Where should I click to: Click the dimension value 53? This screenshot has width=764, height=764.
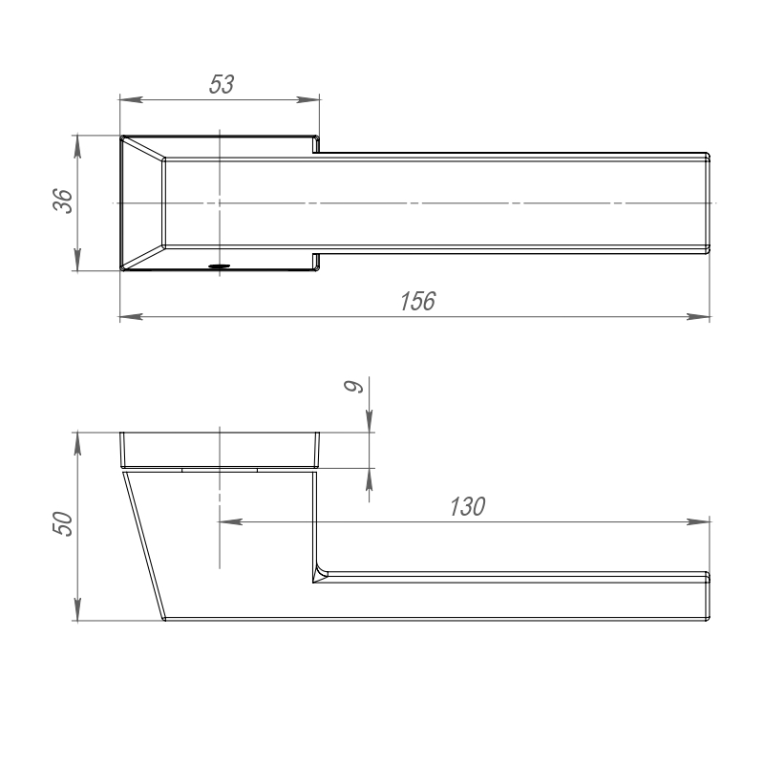coord(222,84)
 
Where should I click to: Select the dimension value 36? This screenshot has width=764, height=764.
coord(62,201)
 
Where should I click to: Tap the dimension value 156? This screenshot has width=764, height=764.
coord(417,301)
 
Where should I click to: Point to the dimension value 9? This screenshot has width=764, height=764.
coord(353,387)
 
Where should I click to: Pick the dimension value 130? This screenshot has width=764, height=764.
coord(467,506)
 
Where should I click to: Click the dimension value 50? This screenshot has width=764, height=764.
coord(62,524)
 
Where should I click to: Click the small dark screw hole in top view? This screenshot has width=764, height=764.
coord(219,266)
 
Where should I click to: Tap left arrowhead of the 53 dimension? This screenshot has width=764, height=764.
coord(131,99)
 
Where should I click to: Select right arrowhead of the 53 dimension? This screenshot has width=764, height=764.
coord(308,99)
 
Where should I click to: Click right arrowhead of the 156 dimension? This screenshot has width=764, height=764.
coord(698,317)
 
